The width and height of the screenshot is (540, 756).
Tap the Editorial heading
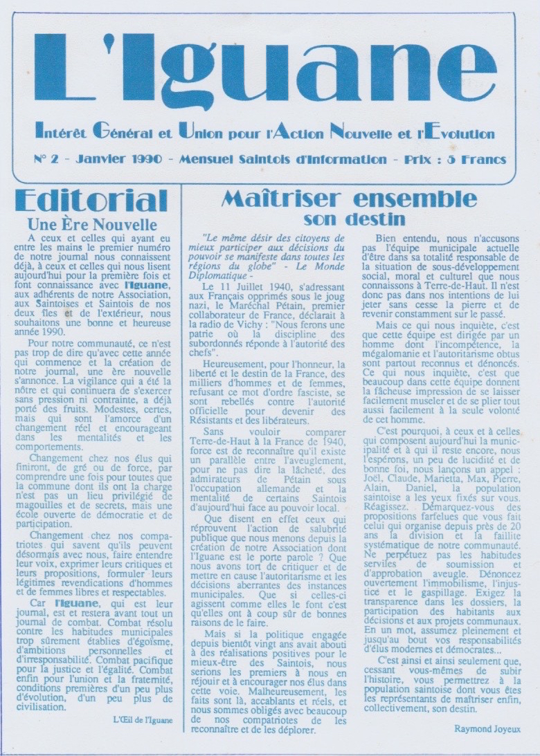click(x=91, y=201)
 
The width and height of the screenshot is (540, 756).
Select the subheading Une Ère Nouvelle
click(x=92, y=225)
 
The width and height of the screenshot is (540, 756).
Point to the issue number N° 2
click(x=46, y=159)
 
